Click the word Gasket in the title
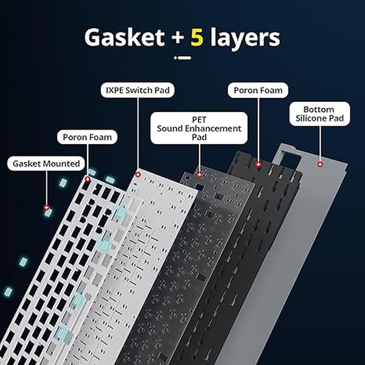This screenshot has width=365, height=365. pos(124,37)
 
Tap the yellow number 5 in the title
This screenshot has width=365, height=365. pos(197,37)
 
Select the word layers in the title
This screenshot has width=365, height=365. pos(245,37)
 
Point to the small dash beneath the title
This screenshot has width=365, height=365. pos(183,58)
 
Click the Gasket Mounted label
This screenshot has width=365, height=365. pos(46,164)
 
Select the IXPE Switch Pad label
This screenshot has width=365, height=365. pos(138,90)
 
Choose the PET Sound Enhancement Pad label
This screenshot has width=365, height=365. pos(199,128)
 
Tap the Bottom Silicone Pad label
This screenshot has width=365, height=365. pos(319,114)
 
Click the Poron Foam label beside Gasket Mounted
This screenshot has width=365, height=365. pos(88,137)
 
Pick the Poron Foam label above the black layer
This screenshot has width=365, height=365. pos(258,91)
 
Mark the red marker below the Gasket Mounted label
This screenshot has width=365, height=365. pos(47,207)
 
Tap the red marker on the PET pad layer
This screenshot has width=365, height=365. pos(199,174)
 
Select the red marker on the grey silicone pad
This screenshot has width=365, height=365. pos(320,165)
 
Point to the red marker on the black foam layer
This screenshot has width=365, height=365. pos(258,165)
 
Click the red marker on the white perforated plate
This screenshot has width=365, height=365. pos(88,179)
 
